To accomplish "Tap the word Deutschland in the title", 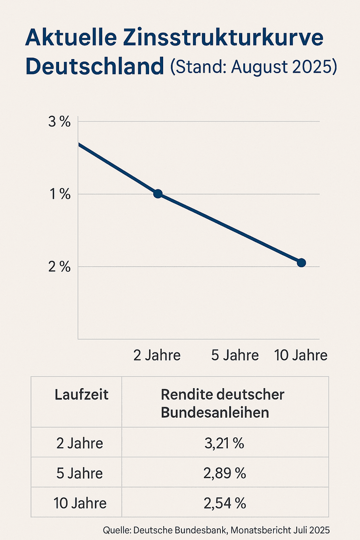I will [x=94, y=67].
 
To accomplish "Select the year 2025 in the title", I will [x=313, y=67].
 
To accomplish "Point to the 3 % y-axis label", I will [x=60, y=122].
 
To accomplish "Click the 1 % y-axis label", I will [x=60, y=194].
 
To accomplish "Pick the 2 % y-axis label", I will [x=60, y=267].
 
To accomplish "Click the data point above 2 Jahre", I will [x=158, y=194].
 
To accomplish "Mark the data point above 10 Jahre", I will [x=301, y=262].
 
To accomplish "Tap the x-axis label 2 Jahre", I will [x=157, y=355].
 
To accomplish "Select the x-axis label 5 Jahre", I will [x=235, y=355].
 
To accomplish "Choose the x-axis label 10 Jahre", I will [x=300, y=355].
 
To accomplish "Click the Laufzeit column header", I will [x=82, y=395].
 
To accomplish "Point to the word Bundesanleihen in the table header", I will [x=215, y=412].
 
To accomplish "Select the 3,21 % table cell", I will [x=225, y=443].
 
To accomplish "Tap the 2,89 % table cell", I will [x=225, y=473].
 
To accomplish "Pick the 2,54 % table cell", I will [x=225, y=503].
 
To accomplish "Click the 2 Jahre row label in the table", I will [x=80, y=443].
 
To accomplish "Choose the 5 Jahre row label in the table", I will [x=80, y=473].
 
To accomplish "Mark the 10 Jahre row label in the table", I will [x=80, y=503].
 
